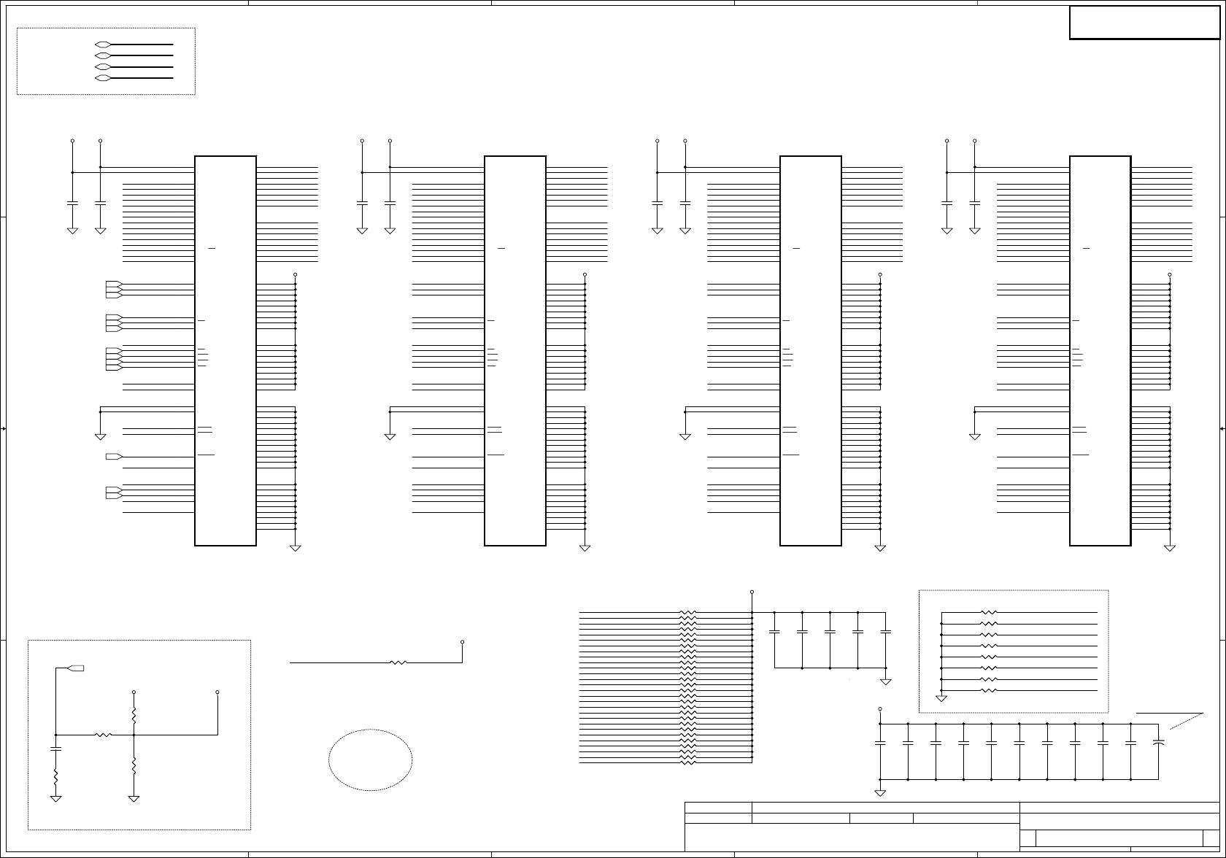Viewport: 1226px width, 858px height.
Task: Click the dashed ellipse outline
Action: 370,760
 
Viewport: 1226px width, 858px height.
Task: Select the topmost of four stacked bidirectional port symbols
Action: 103,45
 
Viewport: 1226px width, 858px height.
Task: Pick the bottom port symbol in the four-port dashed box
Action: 103,77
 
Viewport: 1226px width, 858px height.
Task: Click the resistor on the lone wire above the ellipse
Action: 398,662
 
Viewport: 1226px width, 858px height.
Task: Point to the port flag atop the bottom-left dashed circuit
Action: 75,668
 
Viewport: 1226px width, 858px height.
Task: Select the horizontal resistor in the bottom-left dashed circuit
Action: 103,735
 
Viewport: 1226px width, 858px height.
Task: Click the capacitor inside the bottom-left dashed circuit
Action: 55,749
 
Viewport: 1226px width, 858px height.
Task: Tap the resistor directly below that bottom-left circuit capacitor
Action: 55,778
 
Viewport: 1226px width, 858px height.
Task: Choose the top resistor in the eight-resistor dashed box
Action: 989,613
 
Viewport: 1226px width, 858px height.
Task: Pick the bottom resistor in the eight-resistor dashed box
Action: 989,690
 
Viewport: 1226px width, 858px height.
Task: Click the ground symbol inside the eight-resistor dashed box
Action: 941,698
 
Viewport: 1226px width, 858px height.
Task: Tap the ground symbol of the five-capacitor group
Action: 886,681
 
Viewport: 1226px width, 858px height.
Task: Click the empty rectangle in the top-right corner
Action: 1144,23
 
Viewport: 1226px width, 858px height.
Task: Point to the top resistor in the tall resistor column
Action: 688,613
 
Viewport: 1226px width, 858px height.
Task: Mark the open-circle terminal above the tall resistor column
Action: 752,592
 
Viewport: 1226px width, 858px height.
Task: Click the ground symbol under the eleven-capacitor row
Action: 880,792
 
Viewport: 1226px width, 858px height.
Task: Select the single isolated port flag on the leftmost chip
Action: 114,456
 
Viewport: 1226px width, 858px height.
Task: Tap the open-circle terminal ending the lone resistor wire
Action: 463,642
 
